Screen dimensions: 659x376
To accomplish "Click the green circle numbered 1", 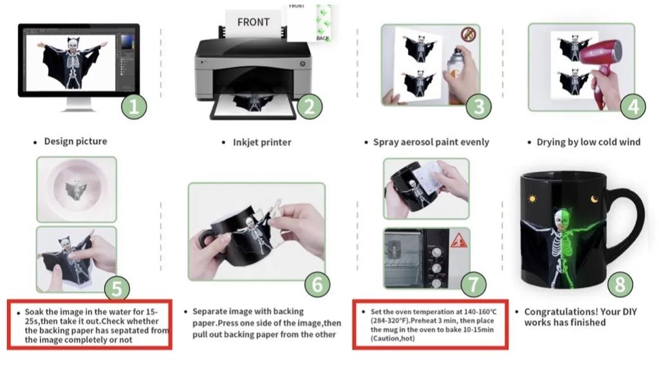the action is point(134,107).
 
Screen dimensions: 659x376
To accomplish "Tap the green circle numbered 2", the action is point(310,107).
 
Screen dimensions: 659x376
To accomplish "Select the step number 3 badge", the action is point(479,107).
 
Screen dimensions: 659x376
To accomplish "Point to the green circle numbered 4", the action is point(633,107).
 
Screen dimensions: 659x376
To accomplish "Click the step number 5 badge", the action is point(116,288).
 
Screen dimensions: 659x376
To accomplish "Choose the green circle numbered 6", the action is point(317,285).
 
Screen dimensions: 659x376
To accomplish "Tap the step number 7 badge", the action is point(473,285).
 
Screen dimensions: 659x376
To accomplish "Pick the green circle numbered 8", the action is point(620,285).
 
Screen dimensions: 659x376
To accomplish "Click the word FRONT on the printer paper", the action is point(253,23).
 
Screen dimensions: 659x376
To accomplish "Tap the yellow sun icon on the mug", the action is point(532,198).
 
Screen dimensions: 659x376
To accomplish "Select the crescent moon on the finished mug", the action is point(594,199).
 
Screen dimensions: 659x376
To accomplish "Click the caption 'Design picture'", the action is point(76,141).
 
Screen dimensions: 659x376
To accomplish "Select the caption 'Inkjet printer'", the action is point(262,142).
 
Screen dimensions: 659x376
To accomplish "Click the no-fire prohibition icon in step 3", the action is point(469,34).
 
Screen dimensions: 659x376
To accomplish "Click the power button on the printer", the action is point(302,64).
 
